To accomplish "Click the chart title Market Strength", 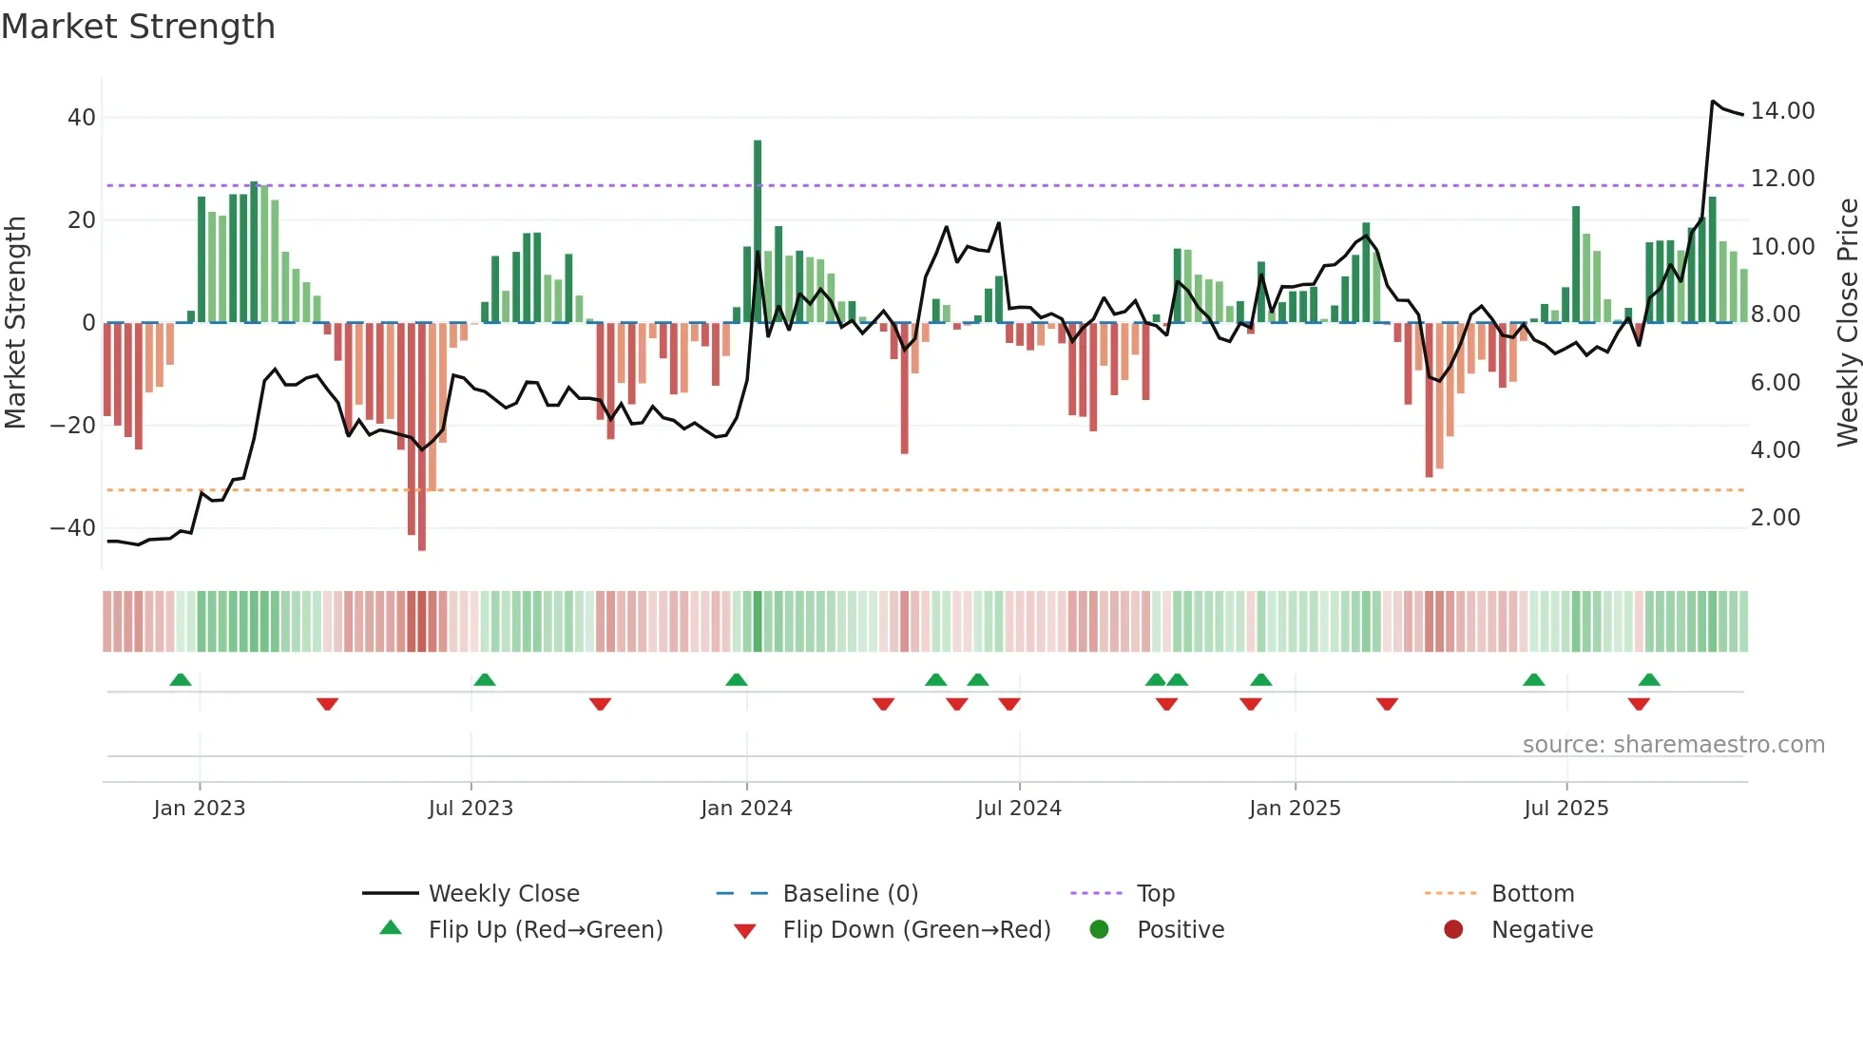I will click(x=138, y=27).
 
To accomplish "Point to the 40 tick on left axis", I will click(x=82, y=118).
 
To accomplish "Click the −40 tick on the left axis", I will click(x=73, y=528).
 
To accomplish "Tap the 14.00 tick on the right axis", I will click(x=1782, y=111).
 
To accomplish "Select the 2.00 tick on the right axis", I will click(x=1775, y=518).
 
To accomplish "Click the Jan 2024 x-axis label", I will click(x=746, y=809).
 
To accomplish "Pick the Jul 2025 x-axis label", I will click(x=1565, y=809).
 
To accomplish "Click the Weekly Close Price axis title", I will click(x=1847, y=322).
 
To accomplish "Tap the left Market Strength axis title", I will click(x=16, y=322).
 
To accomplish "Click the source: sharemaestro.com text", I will click(x=1673, y=745).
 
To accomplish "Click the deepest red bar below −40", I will click(x=422, y=437).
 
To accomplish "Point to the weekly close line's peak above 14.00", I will click(x=1713, y=102).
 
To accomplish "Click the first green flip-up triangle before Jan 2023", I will click(x=181, y=679).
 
